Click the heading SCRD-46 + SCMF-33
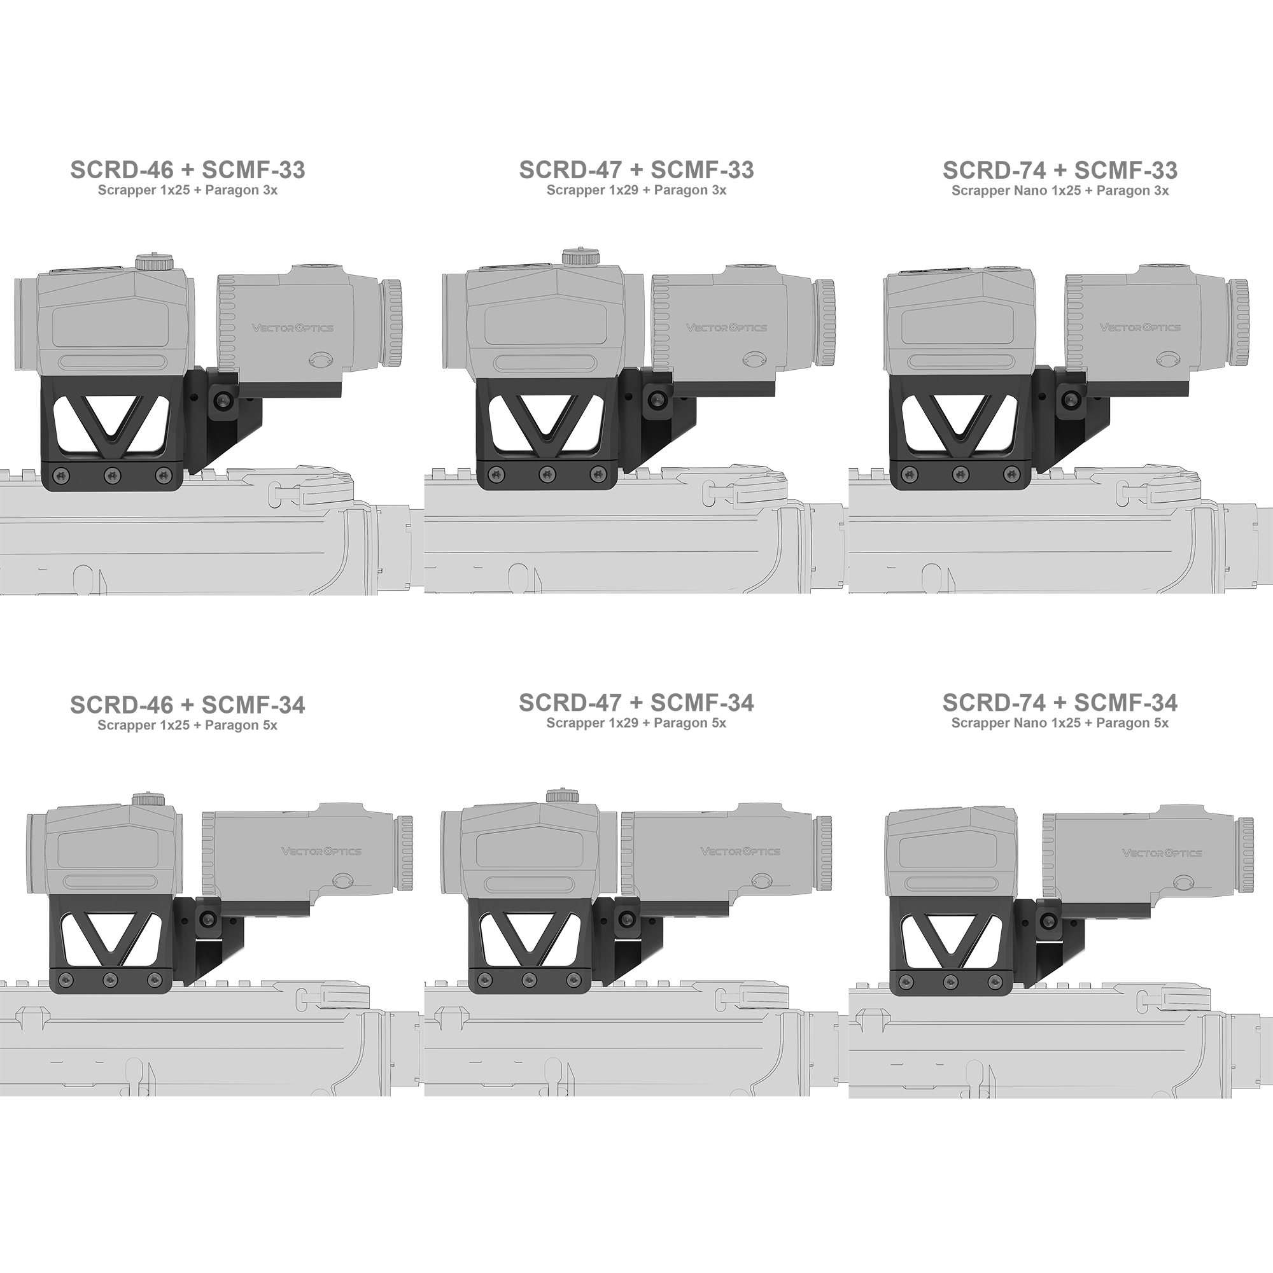188,170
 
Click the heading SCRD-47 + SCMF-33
636,170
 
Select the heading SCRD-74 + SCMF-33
1060,171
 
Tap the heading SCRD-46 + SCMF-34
188,705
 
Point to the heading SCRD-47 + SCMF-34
636,703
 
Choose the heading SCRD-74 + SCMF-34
1060,703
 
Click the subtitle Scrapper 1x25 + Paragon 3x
188,190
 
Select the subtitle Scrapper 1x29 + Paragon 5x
636,723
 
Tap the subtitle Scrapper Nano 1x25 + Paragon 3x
1060,191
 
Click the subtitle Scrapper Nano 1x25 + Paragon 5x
1060,723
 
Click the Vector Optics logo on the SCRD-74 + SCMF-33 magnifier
1140,327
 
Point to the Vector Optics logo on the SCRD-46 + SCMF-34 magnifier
321,850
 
